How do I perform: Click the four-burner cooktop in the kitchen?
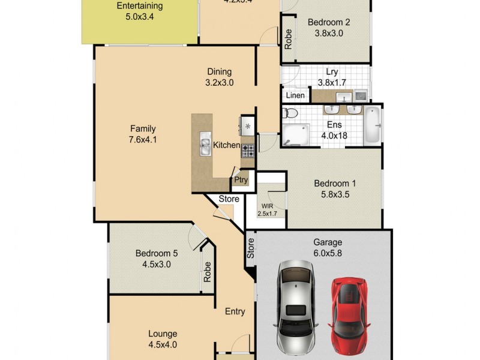click(248, 151)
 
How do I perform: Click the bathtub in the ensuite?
click(373, 125)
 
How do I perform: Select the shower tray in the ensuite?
click(295, 134)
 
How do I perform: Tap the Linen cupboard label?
click(295, 95)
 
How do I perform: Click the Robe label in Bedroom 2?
click(288, 40)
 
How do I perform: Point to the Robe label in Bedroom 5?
click(207, 273)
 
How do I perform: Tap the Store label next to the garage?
click(250, 249)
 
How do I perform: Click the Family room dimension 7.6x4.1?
click(143, 140)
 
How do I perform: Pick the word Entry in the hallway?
click(235, 311)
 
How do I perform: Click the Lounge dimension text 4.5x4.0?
click(163, 344)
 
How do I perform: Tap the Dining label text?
click(219, 71)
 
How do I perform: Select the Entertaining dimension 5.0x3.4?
click(139, 17)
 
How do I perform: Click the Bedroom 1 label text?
click(335, 183)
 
